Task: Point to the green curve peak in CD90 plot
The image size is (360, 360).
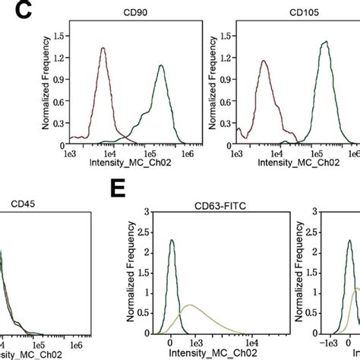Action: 161,65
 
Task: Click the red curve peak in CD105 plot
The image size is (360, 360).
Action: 264,62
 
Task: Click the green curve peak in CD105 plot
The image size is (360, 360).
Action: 324,42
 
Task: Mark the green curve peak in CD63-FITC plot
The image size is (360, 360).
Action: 172,240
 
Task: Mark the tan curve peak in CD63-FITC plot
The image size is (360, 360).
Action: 191,305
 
